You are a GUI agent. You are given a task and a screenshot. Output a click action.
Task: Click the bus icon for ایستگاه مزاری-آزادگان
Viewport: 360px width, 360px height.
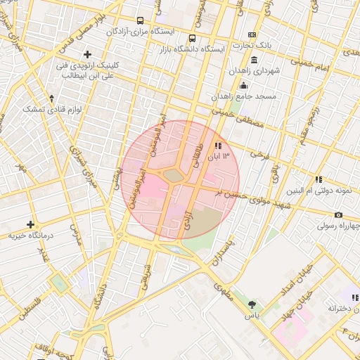141,20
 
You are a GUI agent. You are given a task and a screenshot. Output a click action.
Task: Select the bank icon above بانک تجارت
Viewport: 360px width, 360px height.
252,34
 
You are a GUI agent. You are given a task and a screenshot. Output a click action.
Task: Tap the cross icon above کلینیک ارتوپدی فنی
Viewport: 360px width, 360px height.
87,54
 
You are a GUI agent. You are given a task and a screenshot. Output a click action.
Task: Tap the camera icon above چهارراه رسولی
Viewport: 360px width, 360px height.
338,214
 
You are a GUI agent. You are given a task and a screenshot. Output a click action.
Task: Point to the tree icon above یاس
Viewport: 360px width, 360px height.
252,305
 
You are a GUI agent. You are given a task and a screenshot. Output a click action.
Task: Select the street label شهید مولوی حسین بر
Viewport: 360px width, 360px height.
243,196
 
